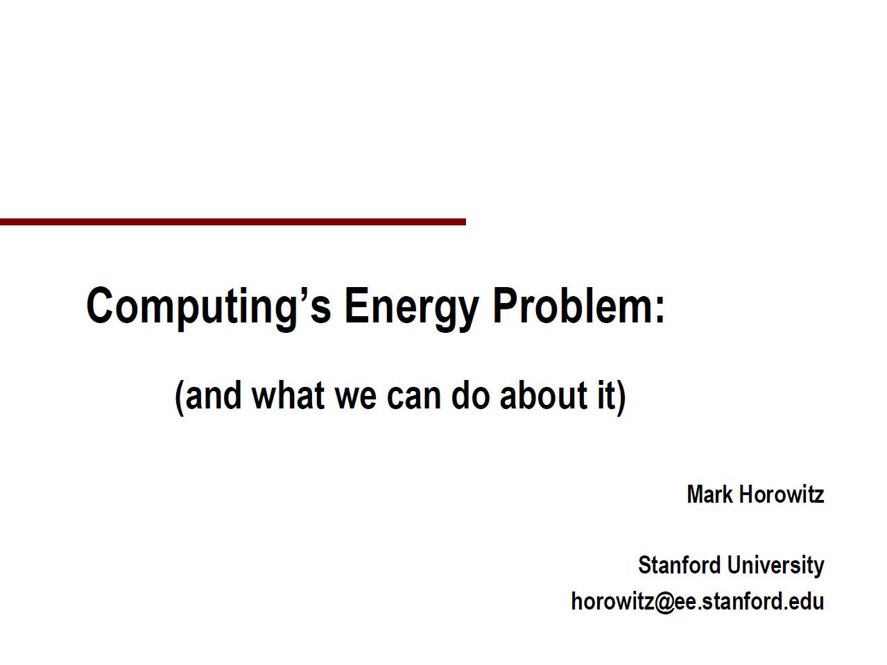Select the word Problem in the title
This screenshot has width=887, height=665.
[x=571, y=304]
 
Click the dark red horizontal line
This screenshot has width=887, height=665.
[x=232, y=222]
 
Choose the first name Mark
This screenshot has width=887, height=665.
[x=709, y=494]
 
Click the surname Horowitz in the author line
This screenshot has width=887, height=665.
[x=782, y=494]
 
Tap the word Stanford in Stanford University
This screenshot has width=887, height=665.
[x=679, y=565]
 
